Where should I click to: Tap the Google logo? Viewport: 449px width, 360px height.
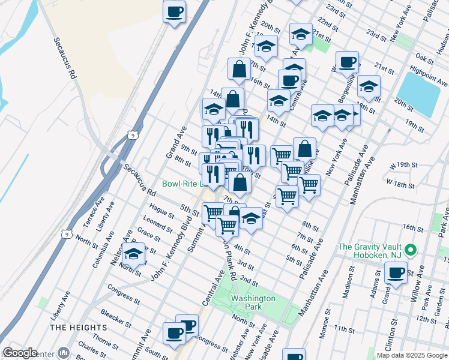[20, 353]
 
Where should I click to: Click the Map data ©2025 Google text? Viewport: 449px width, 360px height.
[412, 355]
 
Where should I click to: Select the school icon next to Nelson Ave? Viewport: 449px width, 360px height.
[134, 253]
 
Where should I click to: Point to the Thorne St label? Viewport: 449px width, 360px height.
[106, 342]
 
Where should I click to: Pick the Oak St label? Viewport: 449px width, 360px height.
[424, 58]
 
